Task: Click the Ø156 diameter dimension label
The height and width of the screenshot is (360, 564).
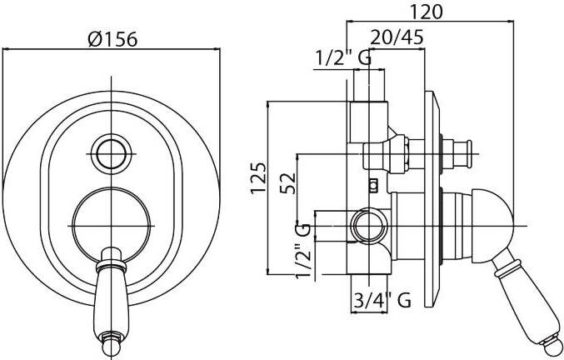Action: [112, 39]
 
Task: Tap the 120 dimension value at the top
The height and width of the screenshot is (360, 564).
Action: [427, 12]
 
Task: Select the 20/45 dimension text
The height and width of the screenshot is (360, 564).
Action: [397, 37]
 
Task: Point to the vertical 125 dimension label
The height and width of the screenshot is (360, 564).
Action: [258, 178]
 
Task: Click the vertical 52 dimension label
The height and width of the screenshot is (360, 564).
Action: [288, 183]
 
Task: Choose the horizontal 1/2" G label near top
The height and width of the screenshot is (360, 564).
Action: [343, 57]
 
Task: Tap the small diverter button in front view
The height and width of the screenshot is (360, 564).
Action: [111, 154]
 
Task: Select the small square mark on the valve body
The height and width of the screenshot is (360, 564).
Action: [374, 186]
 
